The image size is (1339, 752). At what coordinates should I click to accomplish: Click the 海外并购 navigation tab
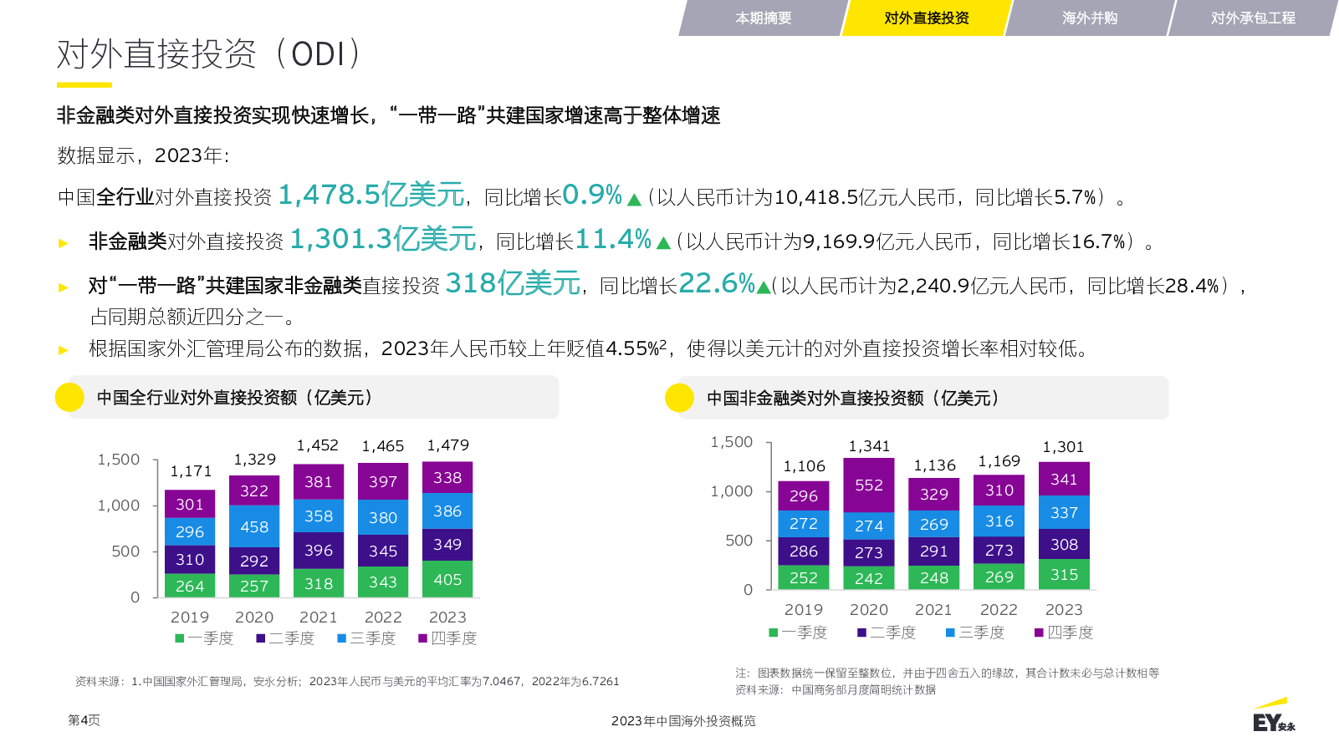pyautogui.click(x=1089, y=18)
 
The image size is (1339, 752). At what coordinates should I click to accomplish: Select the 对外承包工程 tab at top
pyautogui.click(x=1252, y=18)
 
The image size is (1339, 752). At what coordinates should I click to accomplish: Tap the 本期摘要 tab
pyautogui.click(x=763, y=18)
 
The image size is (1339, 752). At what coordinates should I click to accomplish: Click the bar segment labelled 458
pyautogui.click(x=254, y=527)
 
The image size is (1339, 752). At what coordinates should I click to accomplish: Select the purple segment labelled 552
pyautogui.click(x=869, y=485)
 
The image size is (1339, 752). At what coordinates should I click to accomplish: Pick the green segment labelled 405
pyautogui.click(x=447, y=579)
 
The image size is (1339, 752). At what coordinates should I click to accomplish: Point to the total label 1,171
pyautogui.click(x=191, y=471)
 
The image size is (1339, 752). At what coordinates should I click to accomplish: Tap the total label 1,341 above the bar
pyautogui.click(x=869, y=446)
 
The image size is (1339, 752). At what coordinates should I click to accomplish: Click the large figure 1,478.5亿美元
pyautogui.click(x=371, y=195)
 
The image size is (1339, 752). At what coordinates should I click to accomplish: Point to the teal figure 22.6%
pyautogui.click(x=717, y=283)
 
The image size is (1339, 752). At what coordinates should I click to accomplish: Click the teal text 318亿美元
pyautogui.click(x=513, y=283)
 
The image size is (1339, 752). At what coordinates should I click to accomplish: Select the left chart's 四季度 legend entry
pyautogui.click(x=447, y=638)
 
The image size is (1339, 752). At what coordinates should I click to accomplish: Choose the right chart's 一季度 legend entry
pyautogui.click(x=798, y=633)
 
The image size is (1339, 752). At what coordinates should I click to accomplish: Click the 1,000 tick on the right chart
pyautogui.click(x=731, y=491)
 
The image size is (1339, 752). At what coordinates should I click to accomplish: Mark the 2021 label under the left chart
pyautogui.click(x=318, y=617)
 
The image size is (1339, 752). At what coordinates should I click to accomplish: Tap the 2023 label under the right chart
pyautogui.click(x=1064, y=610)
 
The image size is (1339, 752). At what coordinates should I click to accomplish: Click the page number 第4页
pyautogui.click(x=84, y=720)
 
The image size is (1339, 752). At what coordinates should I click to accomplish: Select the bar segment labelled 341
pyautogui.click(x=1064, y=479)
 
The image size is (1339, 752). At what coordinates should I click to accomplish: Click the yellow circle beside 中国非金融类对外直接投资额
pyautogui.click(x=679, y=398)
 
